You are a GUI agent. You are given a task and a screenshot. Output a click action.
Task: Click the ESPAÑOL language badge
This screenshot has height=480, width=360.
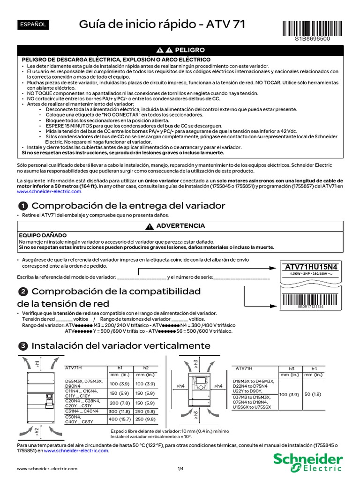coord(32,24)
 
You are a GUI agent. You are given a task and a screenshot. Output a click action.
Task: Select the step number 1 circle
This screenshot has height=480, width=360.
coord(22,206)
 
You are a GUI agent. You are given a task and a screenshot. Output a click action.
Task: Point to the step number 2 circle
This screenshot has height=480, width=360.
coord(22,292)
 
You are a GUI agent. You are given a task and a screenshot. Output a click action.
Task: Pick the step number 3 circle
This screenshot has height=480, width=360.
coord(22,346)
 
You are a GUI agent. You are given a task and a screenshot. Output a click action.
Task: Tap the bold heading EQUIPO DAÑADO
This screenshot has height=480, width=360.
coord(42,235)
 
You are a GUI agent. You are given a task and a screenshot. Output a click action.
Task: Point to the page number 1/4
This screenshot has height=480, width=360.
coord(180,469)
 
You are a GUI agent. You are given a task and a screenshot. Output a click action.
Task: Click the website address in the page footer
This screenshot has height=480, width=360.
coord(47,469)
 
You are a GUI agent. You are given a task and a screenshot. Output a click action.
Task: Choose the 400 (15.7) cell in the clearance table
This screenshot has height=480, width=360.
coord(120,419)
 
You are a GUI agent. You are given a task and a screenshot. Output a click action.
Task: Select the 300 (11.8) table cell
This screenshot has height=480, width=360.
coord(120,411)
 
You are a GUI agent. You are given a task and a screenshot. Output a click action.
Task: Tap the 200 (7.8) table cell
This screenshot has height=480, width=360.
coord(120,402)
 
